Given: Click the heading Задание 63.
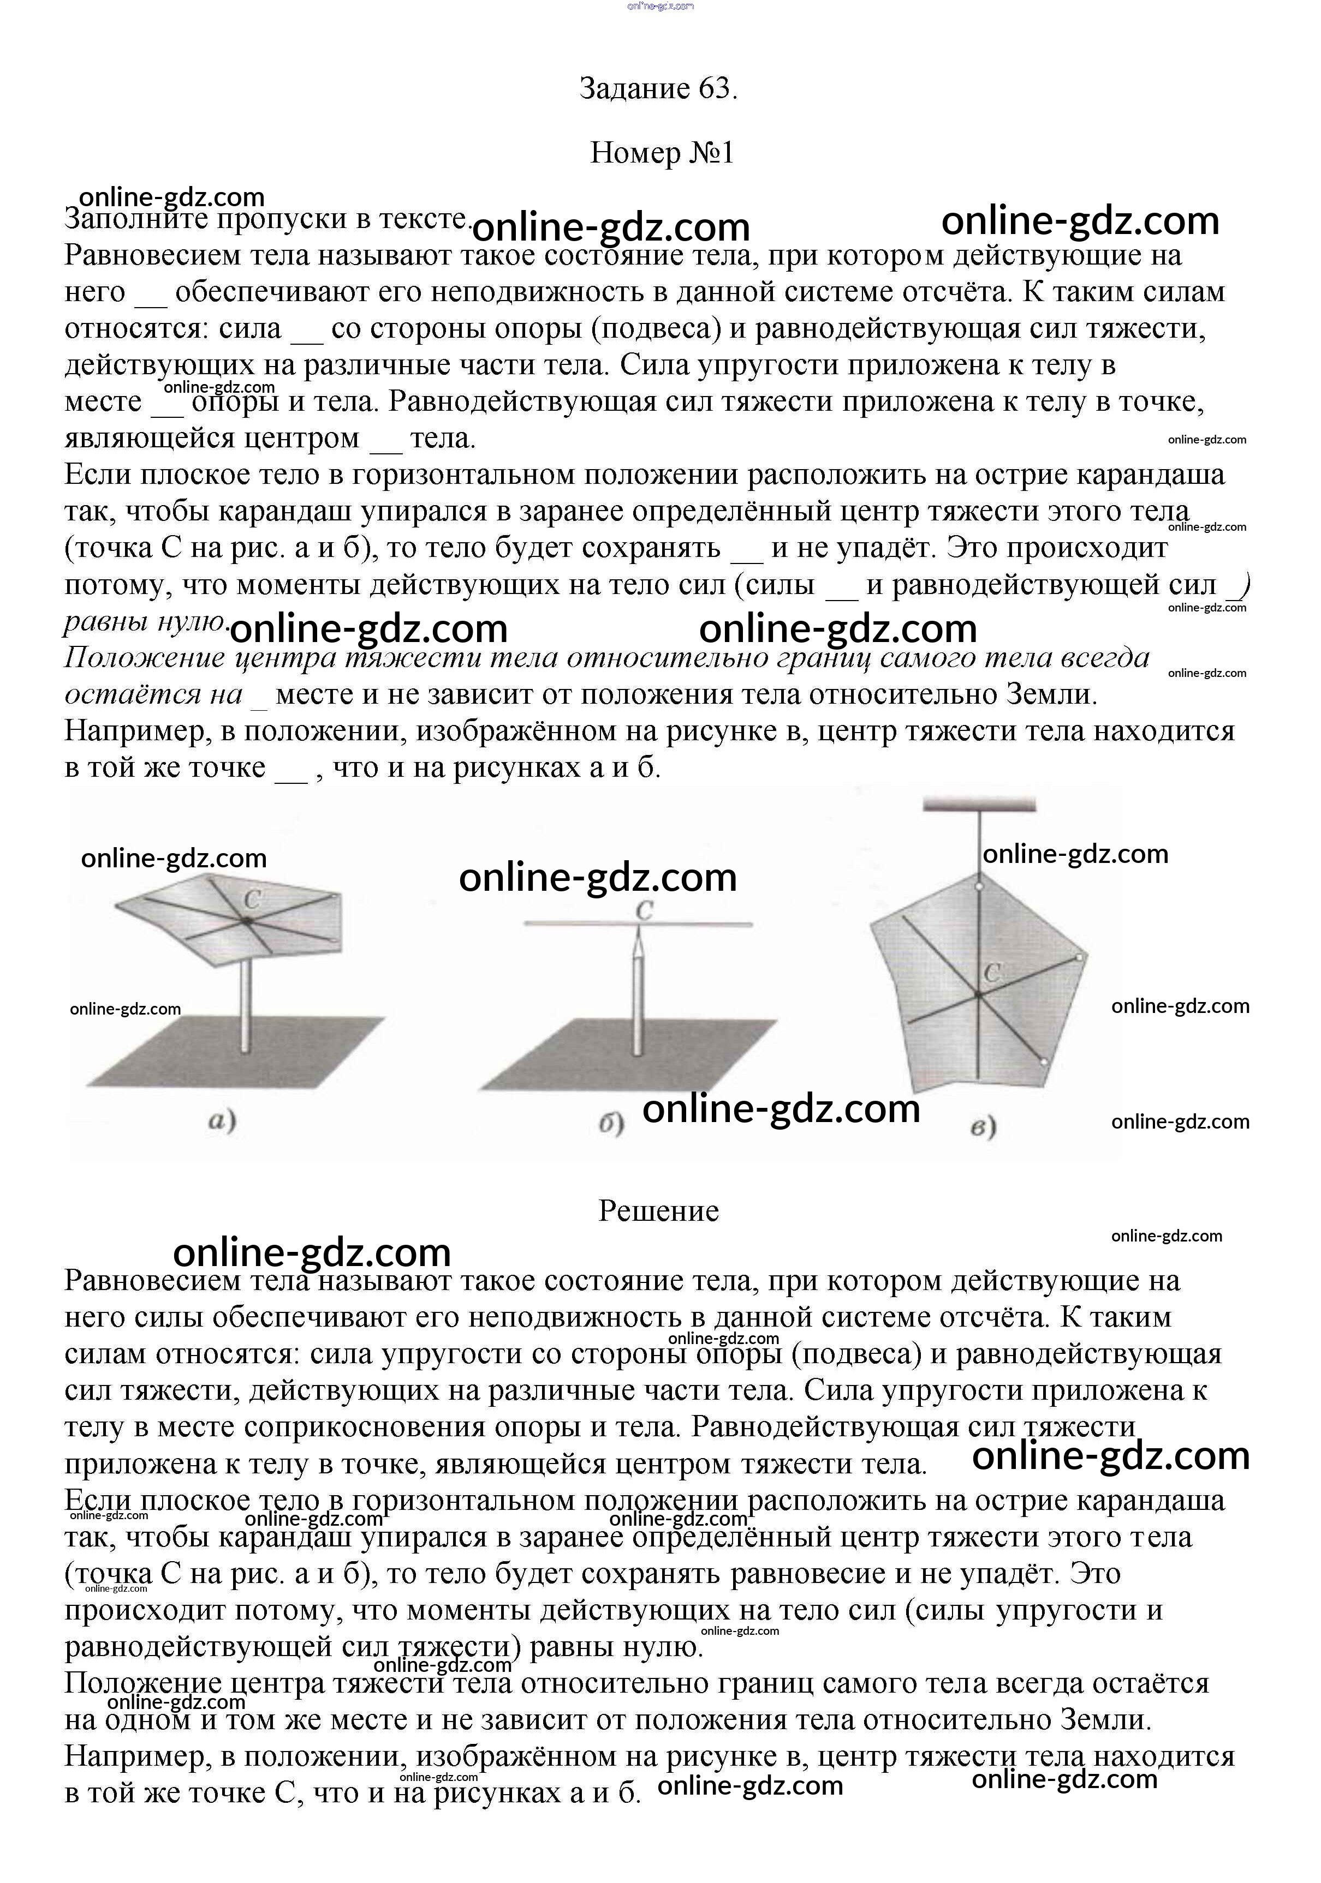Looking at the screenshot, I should click(x=658, y=88).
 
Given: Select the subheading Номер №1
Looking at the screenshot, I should click(x=662, y=153).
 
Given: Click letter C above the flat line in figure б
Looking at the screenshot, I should click(x=644, y=910).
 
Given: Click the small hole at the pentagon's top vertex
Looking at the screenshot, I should click(x=979, y=886).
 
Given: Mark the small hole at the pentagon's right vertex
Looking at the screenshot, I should click(x=1080, y=957).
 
